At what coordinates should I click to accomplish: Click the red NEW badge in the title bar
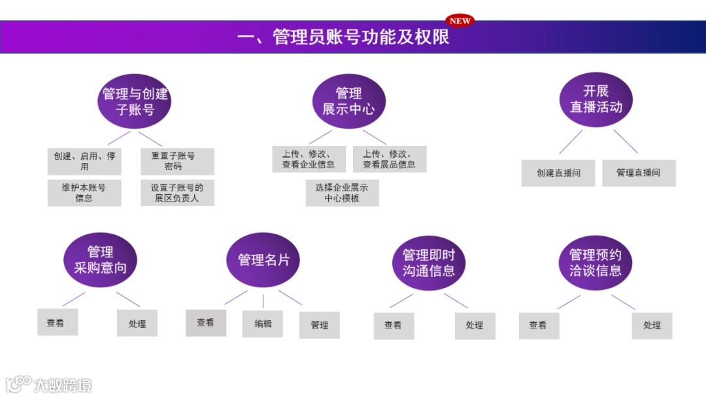pos(460,21)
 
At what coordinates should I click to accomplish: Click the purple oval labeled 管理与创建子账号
pos(135,101)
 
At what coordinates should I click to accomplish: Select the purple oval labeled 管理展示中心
pos(348,101)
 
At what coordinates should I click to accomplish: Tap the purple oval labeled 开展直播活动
pos(596,99)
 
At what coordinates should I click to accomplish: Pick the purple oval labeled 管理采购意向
pos(100,260)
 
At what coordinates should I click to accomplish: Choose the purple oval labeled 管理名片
pos(263,260)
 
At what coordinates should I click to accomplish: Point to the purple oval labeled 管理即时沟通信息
pos(428,262)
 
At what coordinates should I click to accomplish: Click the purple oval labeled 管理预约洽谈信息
pos(595,262)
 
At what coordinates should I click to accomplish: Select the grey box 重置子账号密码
pos(177,161)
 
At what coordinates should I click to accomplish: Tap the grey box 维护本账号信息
pos(84,192)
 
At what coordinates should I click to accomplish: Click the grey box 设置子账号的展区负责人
pos(177,192)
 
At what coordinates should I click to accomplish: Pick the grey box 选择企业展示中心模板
pos(342,192)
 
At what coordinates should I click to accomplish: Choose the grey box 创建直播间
pos(558,173)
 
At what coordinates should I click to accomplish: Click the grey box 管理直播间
pos(639,173)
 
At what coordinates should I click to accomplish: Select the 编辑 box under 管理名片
pos(263,323)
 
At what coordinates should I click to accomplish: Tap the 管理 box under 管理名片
pos(320,325)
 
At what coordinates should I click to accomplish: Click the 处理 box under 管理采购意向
pos(137,323)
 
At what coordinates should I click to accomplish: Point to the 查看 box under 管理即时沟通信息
pos(394,325)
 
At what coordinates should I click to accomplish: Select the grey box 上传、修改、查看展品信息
pos(390,159)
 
